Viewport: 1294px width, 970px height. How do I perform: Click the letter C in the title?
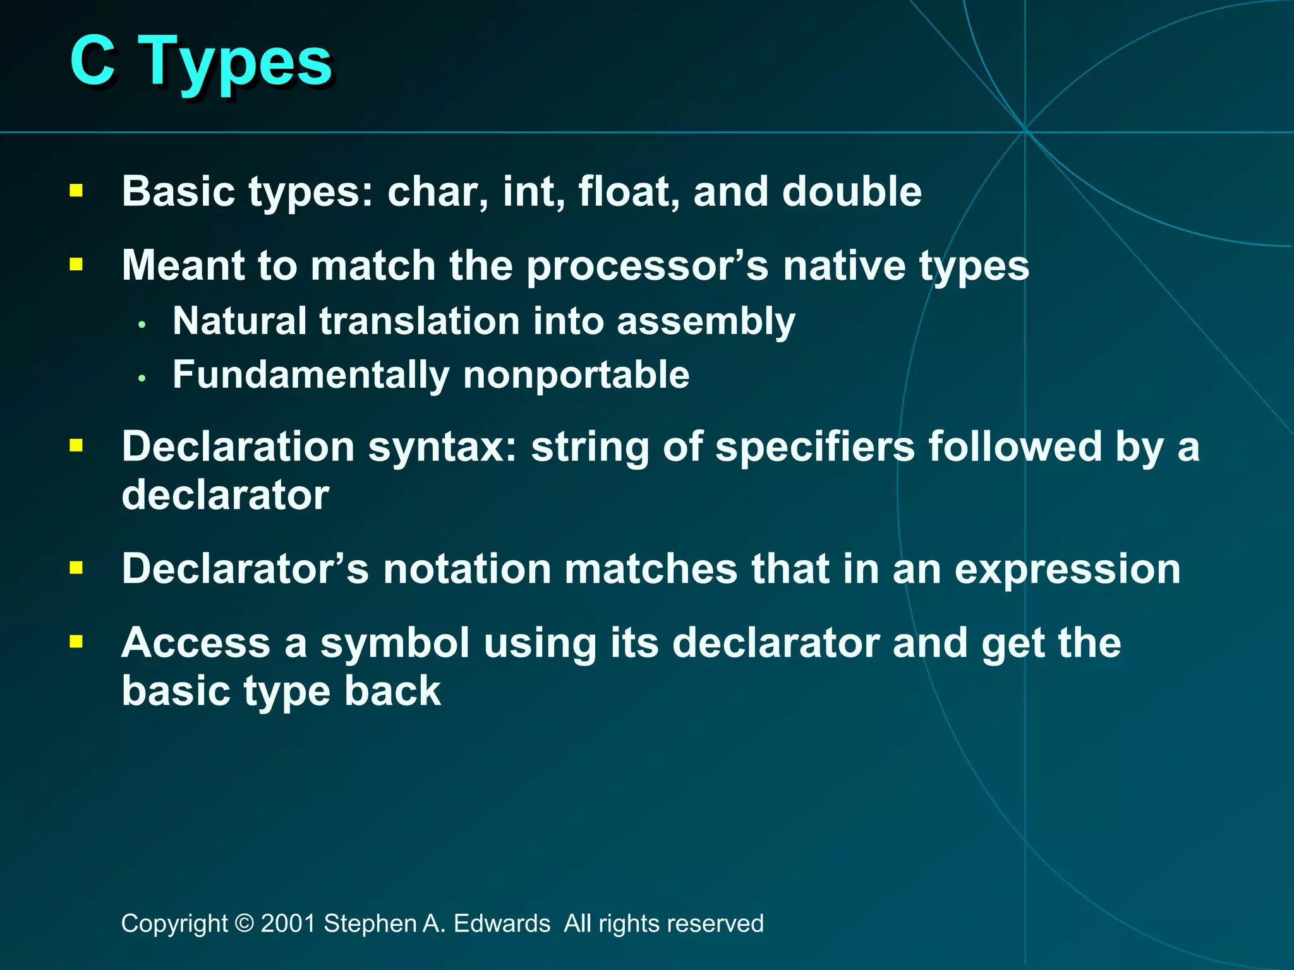(x=92, y=61)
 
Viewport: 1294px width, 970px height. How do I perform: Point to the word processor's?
(x=647, y=266)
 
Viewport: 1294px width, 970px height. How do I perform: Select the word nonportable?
(x=576, y=374)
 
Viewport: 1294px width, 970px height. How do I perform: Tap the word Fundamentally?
(x=310, y=375)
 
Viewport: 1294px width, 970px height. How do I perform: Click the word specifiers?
(x=814, y=447)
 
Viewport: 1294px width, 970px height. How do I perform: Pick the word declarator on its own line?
(x=225, y=495)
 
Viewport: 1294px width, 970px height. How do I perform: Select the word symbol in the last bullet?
(x=395, y=644)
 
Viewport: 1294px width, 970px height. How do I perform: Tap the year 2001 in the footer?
(x=287, y=923)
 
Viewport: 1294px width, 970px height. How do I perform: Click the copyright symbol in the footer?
(x=243, y=923)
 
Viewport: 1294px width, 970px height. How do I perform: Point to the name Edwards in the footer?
(x=502, y=923)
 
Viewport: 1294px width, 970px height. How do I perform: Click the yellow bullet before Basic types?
(x=76, y=191)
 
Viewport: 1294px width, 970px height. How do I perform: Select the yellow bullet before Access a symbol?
(x=76, y=642)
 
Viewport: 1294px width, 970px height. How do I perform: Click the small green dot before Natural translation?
(x=142, y=325)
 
